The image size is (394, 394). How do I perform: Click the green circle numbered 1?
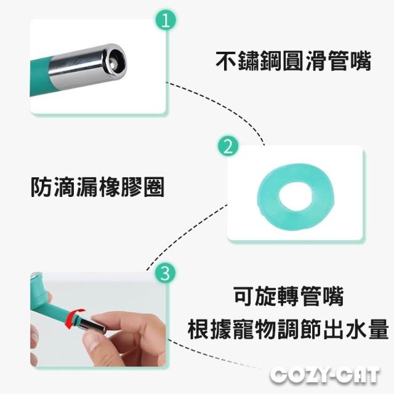(166, 20)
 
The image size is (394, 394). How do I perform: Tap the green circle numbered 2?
(228, 147)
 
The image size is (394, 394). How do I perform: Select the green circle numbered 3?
(165, 273)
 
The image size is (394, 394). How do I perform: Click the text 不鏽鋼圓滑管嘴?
(293, 61)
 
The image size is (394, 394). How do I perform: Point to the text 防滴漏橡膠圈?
(97, 187)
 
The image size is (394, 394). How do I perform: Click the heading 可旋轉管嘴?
(289, 297)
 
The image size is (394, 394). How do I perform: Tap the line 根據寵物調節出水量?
(288, 329)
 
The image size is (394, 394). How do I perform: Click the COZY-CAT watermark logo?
(324, 376)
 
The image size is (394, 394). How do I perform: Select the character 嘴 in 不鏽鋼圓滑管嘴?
(360, 61)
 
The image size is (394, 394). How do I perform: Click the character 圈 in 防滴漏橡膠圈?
(154, 187)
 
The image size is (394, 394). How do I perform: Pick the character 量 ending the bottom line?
(378, 329)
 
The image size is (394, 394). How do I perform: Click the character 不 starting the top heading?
(226, 61)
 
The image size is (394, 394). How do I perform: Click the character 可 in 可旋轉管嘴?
(244, 297)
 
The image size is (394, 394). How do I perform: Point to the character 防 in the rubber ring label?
(41, 187)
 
